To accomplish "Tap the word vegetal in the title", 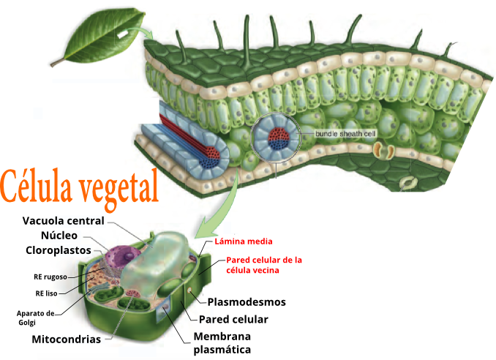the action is coord(118,187).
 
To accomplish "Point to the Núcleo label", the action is coord(58,236).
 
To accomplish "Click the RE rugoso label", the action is coord(50,277).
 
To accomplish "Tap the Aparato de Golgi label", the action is coord(36,317).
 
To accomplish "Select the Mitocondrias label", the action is coord(66,339).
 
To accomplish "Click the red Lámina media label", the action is coord(243,241).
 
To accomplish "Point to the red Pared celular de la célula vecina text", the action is coord(264,265).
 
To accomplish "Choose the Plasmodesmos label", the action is coord(247,301).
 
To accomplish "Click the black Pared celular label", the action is coord(233,319).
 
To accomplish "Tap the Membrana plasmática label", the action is coord(222,342).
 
